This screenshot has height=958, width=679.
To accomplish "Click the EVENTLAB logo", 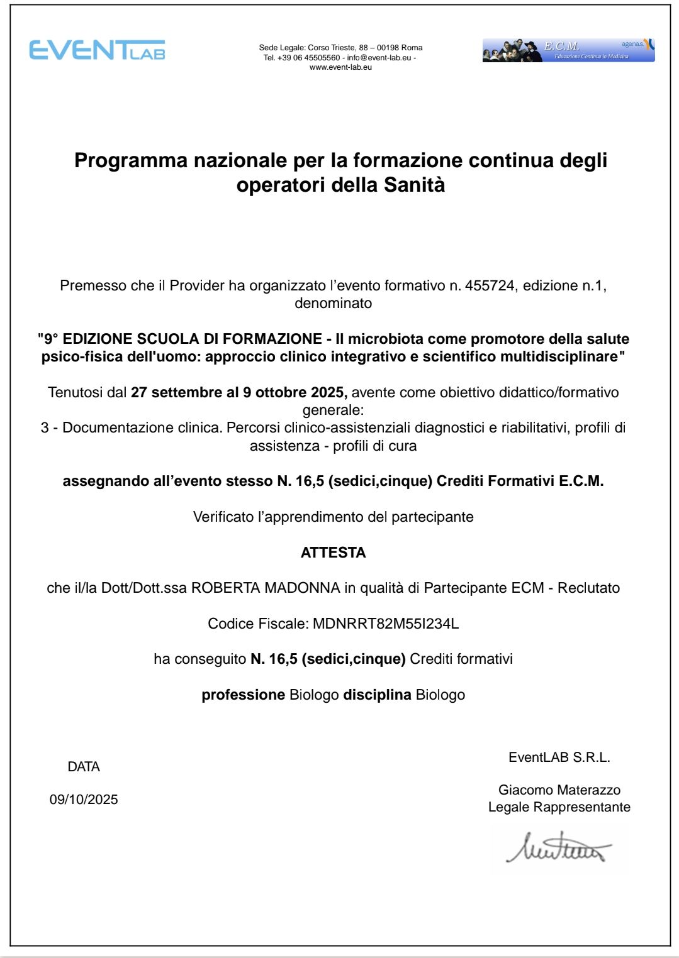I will tap(98, 50).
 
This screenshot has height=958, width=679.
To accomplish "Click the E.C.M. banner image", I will tap(568, 50).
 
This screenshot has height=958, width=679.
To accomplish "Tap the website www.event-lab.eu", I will tap(340, 67).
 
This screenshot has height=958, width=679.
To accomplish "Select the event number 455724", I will tap(490, 285).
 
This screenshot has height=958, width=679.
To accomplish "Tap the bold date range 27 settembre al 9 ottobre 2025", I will tap(239, 392).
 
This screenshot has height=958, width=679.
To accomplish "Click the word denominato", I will tap(333, 303).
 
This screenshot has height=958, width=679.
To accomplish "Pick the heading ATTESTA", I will tap(333, 553).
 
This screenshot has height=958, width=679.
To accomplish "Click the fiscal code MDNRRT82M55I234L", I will tap(386, 624).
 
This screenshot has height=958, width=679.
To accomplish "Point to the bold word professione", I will tap(243, 695).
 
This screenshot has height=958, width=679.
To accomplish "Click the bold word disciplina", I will tap(377, 695).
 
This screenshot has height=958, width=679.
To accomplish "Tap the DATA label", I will tap(84, 767).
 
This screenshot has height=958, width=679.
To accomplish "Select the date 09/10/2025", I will tap(84, 800).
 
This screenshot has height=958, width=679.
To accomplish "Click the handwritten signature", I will tap(558, 849).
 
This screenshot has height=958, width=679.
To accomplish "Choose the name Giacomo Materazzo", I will tap(559, 790).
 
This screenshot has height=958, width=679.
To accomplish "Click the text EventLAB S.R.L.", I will tap(559, 757).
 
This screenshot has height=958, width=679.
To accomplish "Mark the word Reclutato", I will tap(588, 588).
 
